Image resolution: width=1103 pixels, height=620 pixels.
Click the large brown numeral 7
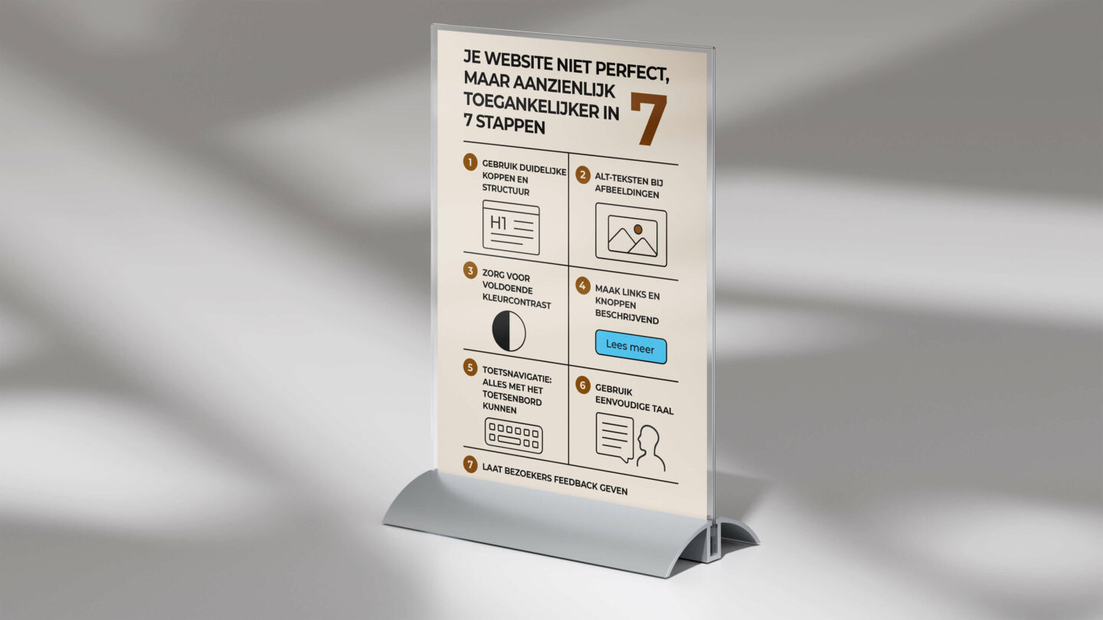pos(648,119)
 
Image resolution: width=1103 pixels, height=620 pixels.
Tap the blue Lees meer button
pos(630,348)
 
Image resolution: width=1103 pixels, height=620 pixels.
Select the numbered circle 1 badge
pos(470,162)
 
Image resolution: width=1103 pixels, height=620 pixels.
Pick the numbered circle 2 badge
pos(583,175)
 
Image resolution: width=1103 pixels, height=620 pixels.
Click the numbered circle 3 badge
pos(470,271)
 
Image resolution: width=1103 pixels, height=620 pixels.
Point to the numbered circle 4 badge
pos(583,286)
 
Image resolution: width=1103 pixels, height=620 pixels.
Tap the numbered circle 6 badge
pos(583,385)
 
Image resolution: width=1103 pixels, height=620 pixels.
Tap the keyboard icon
pos(513,436)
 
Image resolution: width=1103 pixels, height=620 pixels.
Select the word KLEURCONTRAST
pos(516,305)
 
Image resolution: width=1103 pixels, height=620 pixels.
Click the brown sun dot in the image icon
pos(637,229)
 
